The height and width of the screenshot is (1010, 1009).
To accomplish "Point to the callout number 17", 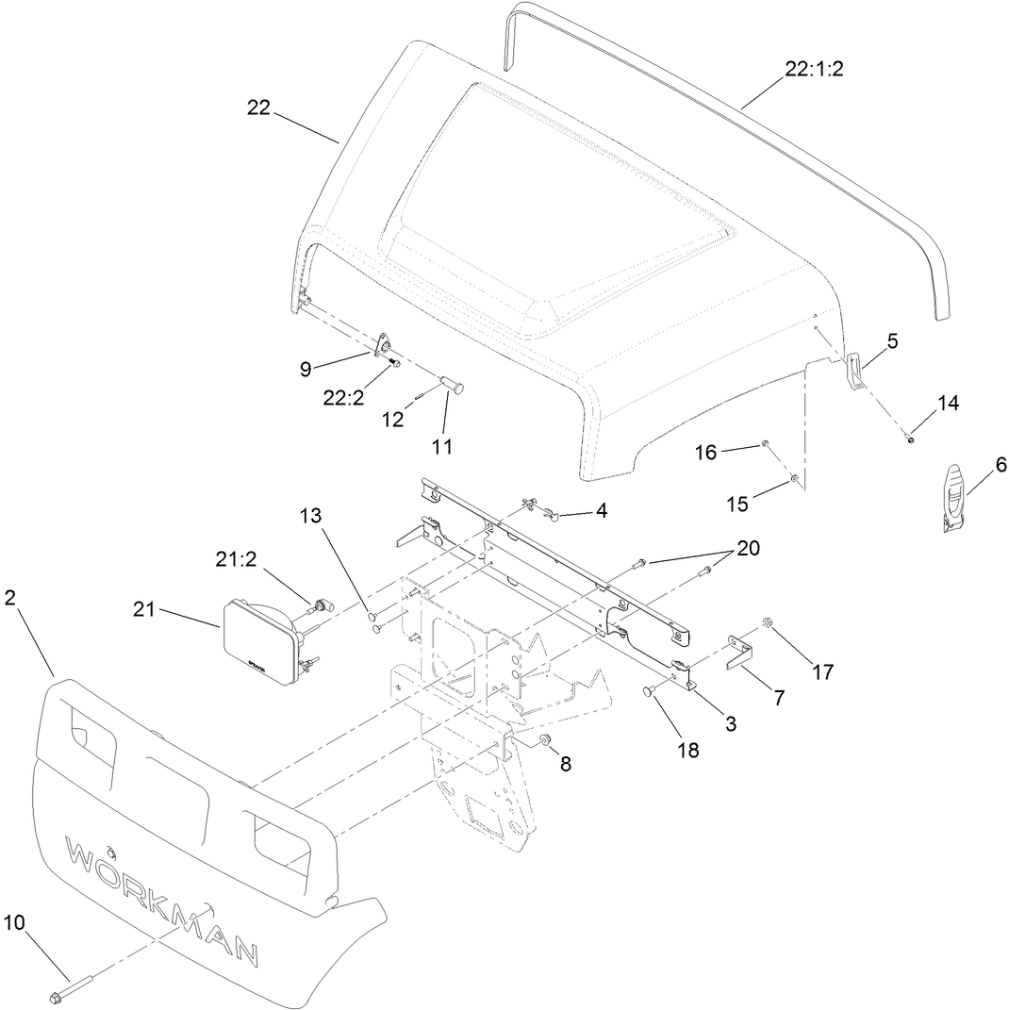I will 823,671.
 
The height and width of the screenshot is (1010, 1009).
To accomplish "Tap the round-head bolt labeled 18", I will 650,692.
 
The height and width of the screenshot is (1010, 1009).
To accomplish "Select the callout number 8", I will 566,763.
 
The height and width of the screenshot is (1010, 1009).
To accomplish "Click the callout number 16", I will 706,452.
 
